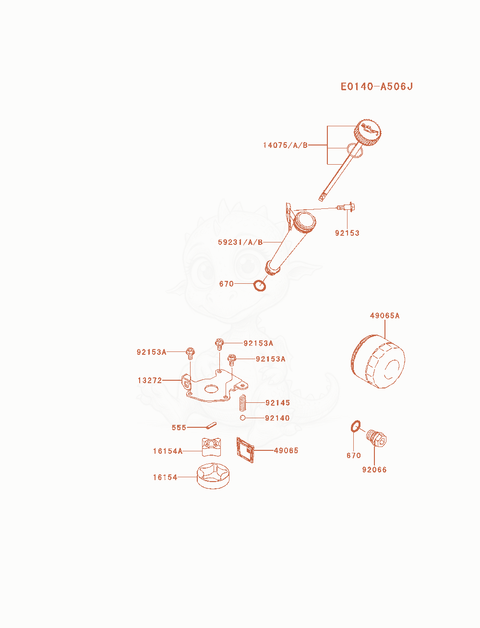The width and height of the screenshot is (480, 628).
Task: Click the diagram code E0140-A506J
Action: (x=376, y=86)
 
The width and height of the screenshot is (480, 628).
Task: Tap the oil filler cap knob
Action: (x=367, y=133)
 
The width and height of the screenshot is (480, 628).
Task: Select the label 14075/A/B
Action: (x=285, y=145)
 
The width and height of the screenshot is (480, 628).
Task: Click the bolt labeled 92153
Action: (x=346, y=206)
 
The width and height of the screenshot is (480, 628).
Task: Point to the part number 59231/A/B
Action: (x=240, y=242)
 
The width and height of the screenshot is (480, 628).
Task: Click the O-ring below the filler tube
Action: (x=260, y=286)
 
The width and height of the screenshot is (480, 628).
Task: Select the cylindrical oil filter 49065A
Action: (x=378, y=362)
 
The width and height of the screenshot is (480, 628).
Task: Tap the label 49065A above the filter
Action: (x=384, y=315)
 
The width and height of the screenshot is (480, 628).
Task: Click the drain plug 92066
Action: (x=376, y=438)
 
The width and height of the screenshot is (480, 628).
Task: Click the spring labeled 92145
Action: (x=242, y=402)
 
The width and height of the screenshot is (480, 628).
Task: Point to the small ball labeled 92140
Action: (x=242, y=418)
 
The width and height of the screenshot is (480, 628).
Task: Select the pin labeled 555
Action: (x=211, y=426)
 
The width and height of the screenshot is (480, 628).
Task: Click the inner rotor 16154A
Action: (x=211, y=447)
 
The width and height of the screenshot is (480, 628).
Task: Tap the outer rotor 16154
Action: (x=213, y=476)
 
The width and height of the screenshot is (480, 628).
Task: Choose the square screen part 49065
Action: (x=245, y=450)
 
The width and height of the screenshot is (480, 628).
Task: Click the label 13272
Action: (x=150, y=380)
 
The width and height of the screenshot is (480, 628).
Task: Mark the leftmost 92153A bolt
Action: (x=190, y=353)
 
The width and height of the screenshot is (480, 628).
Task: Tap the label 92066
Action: (x=374, y=470)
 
